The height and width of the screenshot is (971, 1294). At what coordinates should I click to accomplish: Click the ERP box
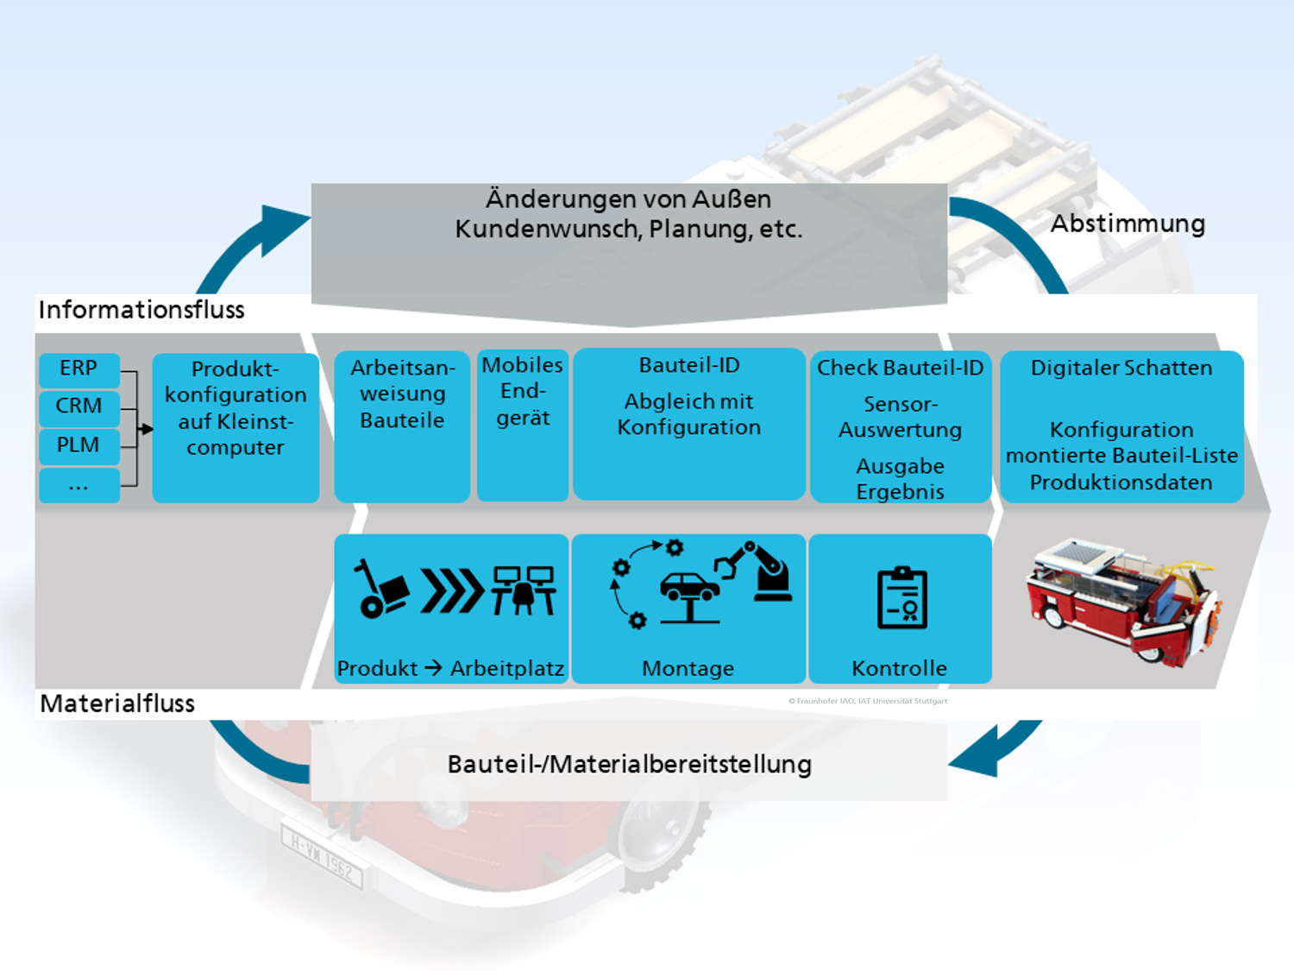coord(79,370)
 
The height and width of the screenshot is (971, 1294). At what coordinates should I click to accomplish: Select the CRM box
coord(79,408)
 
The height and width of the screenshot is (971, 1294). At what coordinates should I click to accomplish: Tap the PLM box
coord(79,446)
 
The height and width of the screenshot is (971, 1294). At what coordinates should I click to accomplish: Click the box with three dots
coord(79,485)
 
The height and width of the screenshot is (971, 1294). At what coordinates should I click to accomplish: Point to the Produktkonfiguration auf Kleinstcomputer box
coord(236,427)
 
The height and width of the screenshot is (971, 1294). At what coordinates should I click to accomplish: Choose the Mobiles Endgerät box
coord(523,425)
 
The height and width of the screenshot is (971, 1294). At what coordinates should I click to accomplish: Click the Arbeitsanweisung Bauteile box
coord(402,426)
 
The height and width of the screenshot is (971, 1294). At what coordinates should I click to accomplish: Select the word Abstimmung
coord(1128,224)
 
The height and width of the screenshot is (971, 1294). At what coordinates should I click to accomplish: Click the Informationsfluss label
coord(141,310)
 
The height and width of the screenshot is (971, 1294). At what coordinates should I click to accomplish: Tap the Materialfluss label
coord(117,703)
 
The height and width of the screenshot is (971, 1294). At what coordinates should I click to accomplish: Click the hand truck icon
coord(380,589)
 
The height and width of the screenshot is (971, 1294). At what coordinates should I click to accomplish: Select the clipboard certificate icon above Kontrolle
coord(902,598)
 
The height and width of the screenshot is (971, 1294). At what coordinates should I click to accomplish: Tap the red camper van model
coord(1124,602)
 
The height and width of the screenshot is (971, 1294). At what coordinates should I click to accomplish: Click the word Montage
coord(688,669)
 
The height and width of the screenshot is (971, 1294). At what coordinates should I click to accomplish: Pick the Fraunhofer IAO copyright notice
coord(868,701)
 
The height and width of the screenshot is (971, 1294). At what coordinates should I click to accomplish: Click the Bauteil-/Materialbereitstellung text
coord(630,765)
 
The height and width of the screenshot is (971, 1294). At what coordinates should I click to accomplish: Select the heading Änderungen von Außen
coord(628,199)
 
